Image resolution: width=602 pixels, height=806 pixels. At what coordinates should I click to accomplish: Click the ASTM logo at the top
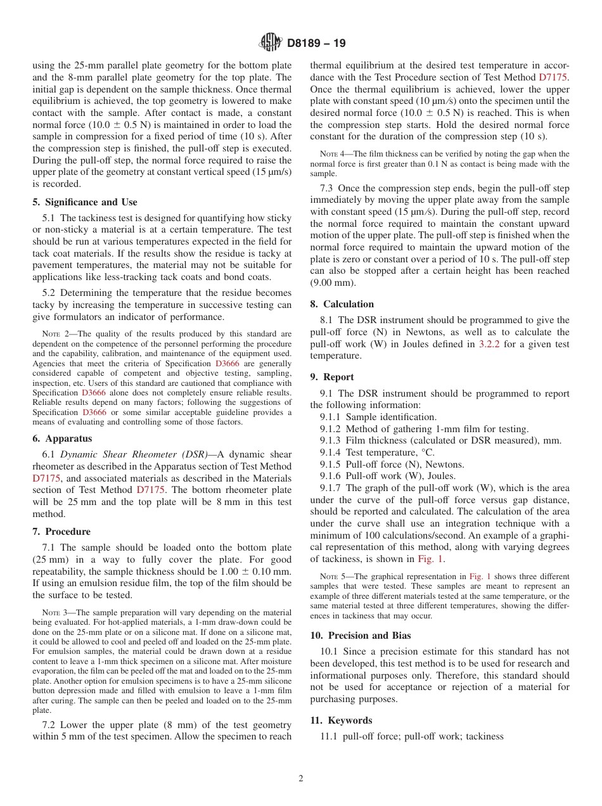click(271, 43)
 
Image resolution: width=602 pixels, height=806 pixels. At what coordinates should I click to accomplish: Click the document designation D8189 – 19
click(316, 44)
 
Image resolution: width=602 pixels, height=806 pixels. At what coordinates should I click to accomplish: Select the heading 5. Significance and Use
click(84, 202)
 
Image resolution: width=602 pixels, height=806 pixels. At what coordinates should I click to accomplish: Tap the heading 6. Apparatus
click(62, 438)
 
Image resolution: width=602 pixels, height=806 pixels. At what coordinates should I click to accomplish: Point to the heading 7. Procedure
click(61, 532)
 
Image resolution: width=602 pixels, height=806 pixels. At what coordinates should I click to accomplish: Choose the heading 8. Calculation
click(342, 304)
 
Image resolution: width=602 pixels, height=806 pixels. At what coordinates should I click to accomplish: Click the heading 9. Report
click(332, 377)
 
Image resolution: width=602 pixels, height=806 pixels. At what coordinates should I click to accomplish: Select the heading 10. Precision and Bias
click(360, 636)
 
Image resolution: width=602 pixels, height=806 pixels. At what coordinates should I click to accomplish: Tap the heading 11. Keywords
click(341, 720)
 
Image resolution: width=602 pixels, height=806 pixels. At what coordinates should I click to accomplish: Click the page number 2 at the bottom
click(301, 779)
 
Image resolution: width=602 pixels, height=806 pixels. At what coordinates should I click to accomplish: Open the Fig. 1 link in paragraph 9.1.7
click(431, 559)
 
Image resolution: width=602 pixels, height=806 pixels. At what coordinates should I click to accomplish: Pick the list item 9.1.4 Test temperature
click(377, 452)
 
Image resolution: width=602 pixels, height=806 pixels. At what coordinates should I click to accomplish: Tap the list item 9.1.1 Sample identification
click(378, 417)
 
